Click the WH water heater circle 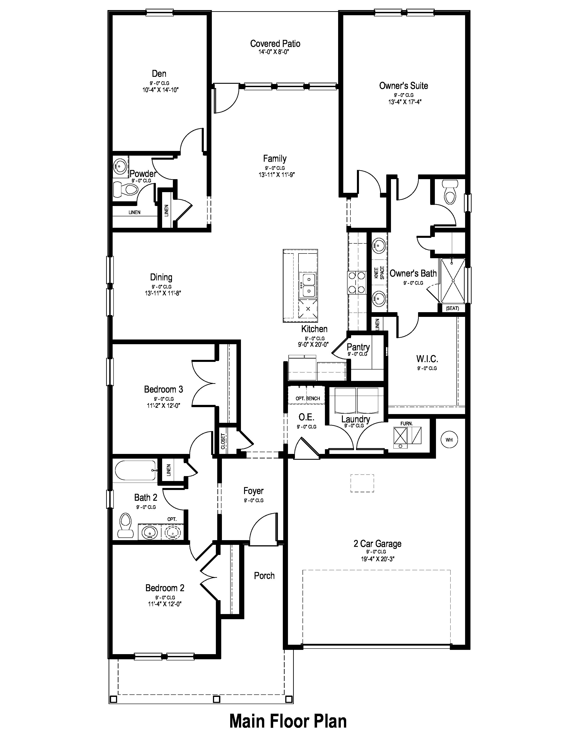click(449, 440)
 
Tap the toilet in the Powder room click(125, 189)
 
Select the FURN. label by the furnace click(406, 424)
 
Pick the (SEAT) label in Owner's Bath click(452, 308)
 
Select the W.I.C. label click(427, 359)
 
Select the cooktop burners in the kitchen click(356, 282)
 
